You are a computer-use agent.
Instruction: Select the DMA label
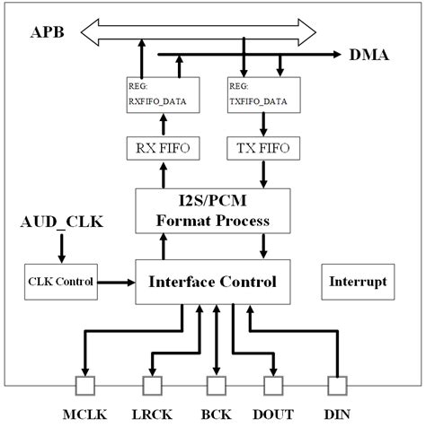click(370, 56)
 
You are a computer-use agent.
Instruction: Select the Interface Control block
click(213, 282)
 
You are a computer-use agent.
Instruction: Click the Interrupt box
click(356, 282)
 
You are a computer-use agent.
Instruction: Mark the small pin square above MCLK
click(86, 387)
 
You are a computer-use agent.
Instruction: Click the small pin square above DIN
click(336, 387)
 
